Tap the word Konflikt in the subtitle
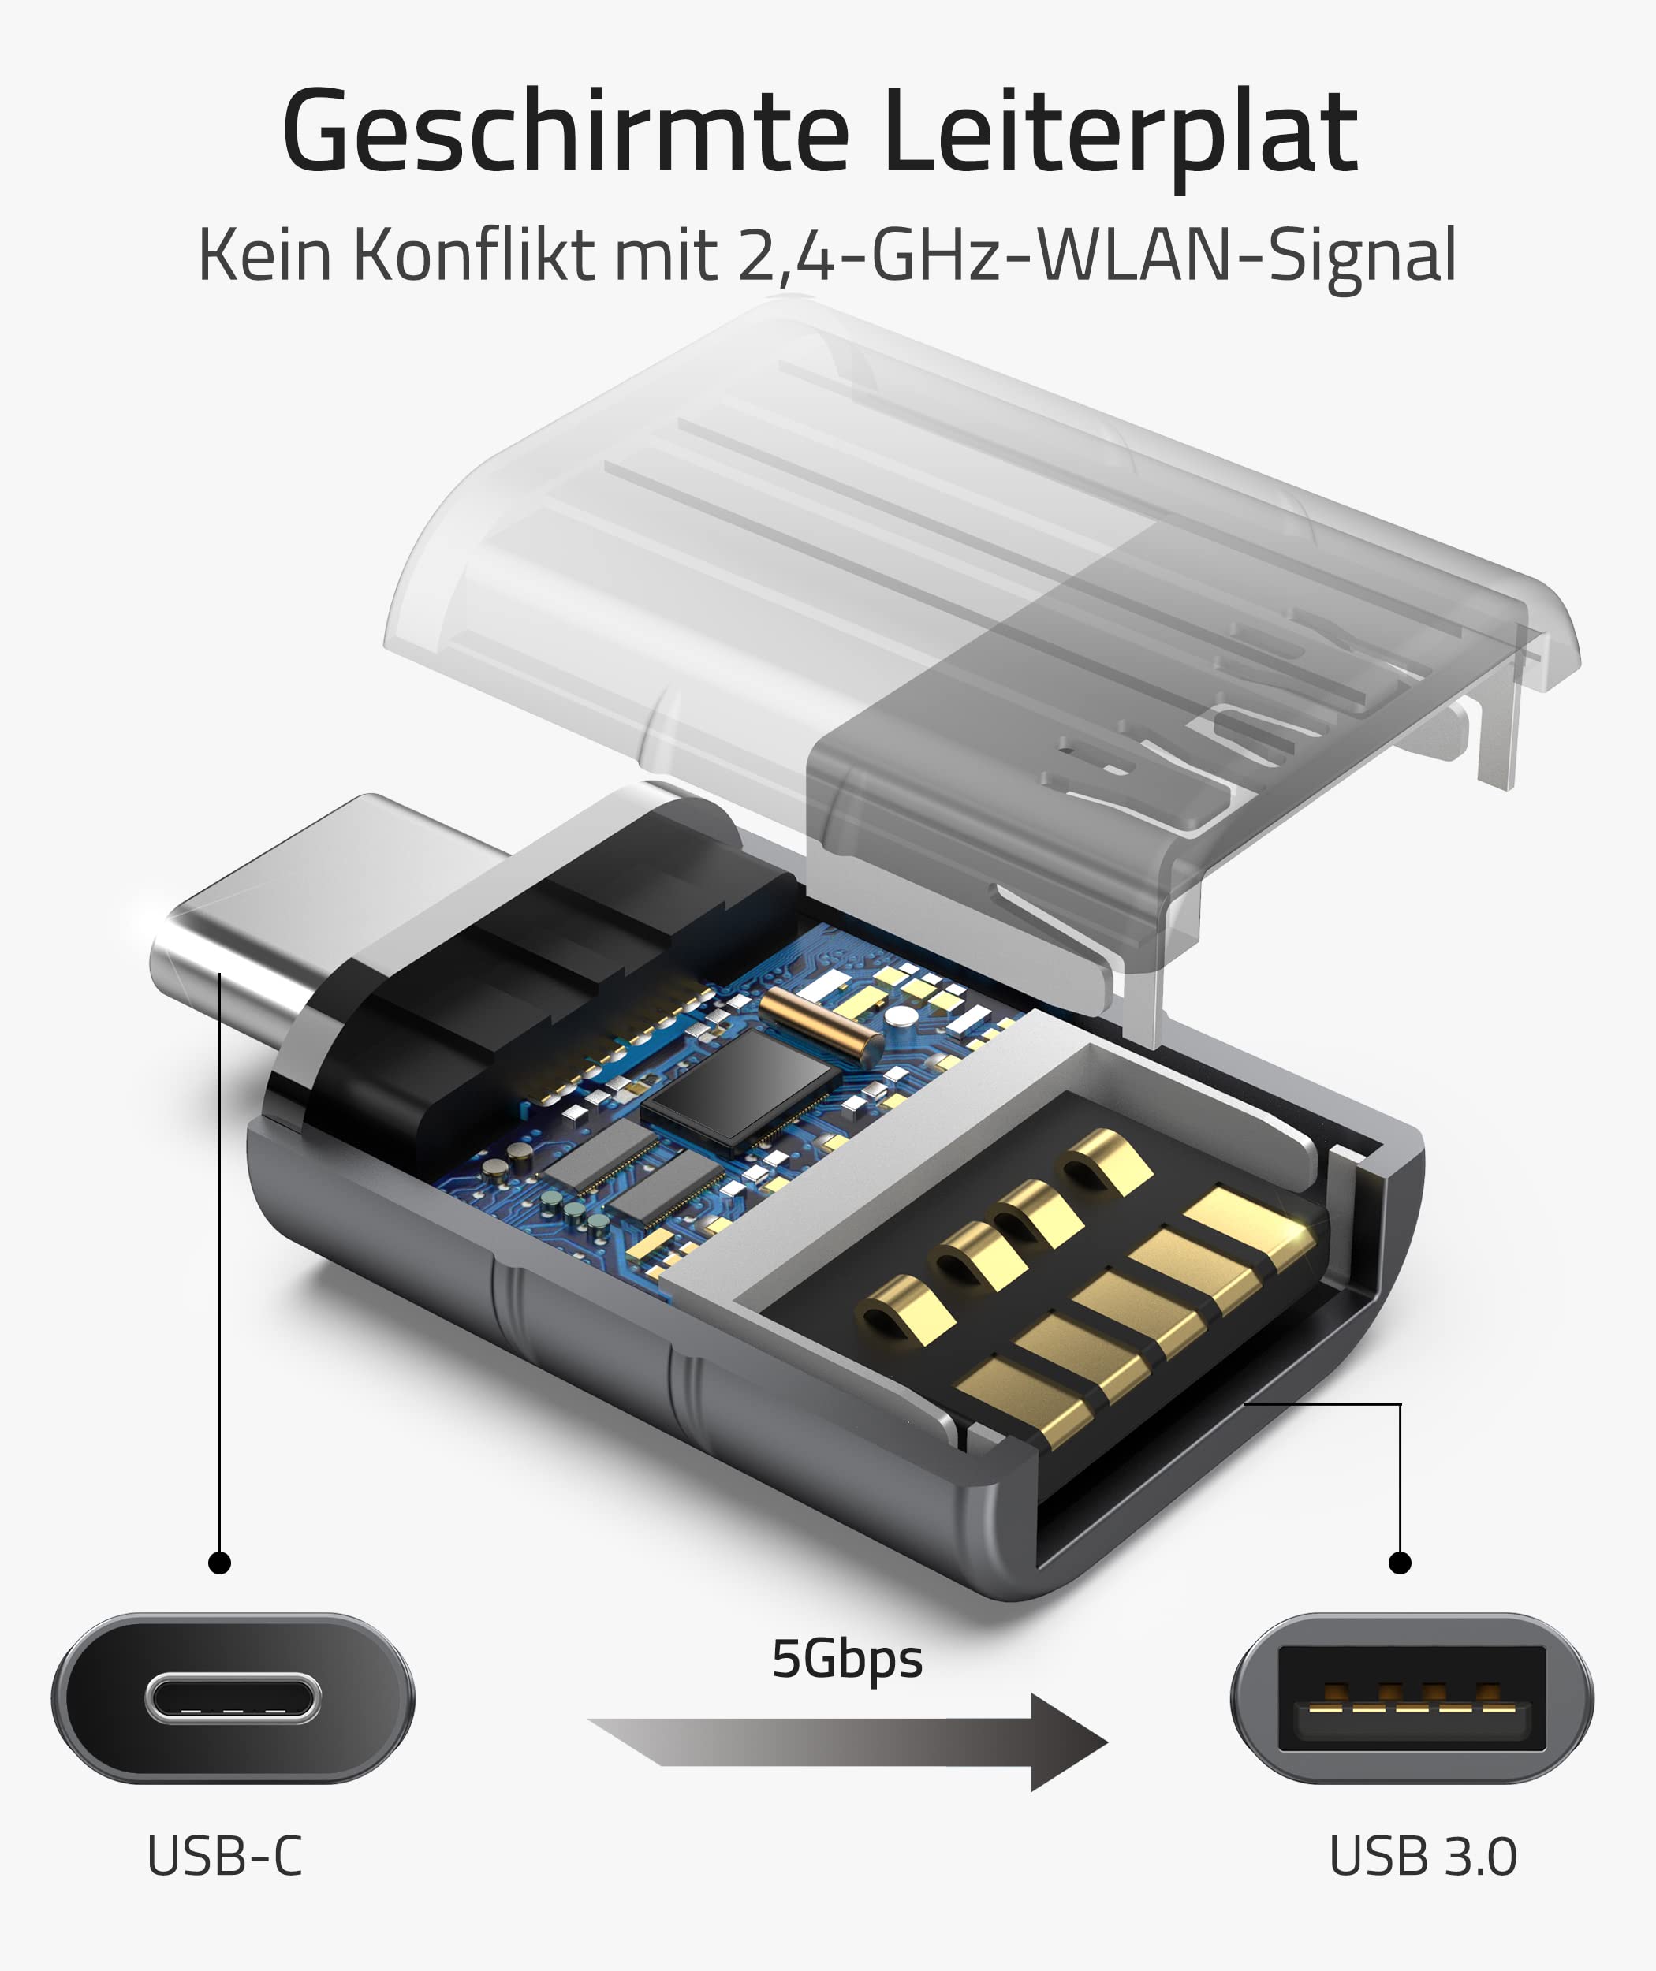point(474,255)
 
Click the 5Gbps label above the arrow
point(847,1660)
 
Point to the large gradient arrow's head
point(1065,1743)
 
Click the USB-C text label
point(226,1857)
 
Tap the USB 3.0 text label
point(1423,1857)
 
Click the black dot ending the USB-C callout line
point(220,1563)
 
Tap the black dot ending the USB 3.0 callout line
point(1400,1563)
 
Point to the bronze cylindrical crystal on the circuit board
point(819,1025)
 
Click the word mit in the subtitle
point(666,255)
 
